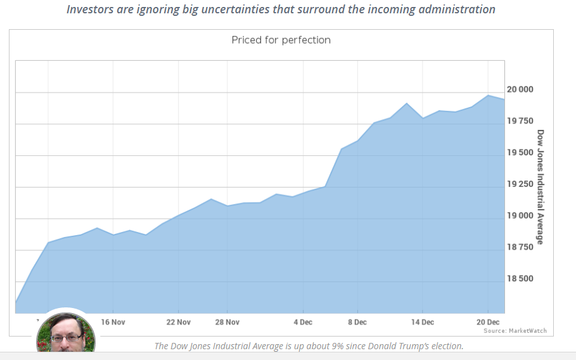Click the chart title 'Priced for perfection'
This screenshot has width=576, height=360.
click(x=281, y=40)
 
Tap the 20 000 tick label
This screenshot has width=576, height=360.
click(x=520, y=89)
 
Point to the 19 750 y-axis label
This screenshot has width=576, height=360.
click(x=520, y=121)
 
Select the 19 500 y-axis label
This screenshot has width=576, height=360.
click(x=520, y=153)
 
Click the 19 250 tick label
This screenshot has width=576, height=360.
click(x=520, y=184)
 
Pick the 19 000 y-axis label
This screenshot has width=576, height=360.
click(x=520, y=215)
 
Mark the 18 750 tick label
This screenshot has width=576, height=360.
click(x=520, y=247)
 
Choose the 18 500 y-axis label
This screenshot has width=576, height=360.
click(x=520, y=278)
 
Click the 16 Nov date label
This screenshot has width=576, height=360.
click(x=113, y=322)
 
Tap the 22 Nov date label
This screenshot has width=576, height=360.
click(x=179, y=322)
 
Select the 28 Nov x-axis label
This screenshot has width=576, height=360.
click(x=227, y=322)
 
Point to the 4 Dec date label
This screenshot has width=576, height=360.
click(x=303, y=322)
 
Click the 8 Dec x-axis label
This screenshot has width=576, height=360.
click(x=357, y=322)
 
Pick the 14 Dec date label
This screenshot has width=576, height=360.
click(x=423, y=322)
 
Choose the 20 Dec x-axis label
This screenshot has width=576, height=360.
click(x=488, y=322)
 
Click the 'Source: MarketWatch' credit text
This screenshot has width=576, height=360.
click(x=515, y=331)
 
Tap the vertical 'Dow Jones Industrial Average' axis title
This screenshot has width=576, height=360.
click(x=540, y=186)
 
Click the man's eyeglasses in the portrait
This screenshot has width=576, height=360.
click(x=67, y=338)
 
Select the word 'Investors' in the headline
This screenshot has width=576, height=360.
click(x=90, y=9)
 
